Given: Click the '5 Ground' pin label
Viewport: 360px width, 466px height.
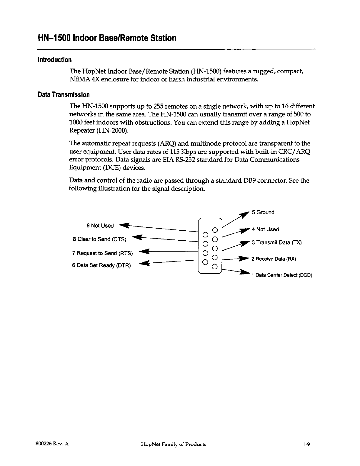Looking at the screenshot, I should pos(263,212).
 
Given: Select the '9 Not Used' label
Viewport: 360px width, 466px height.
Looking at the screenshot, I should pos(100,226).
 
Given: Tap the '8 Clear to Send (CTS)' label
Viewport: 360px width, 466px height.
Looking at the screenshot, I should pos(99,239).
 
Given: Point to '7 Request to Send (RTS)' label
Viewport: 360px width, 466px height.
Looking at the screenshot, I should pos(102,253).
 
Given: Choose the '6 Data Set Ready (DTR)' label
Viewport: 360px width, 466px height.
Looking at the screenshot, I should pos(101,265).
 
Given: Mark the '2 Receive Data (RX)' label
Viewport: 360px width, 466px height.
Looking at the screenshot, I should pos(273,259).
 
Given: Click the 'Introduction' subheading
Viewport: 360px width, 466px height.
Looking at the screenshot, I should pos(55,60).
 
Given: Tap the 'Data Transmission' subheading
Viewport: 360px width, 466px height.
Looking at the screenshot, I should pos(64,95).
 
